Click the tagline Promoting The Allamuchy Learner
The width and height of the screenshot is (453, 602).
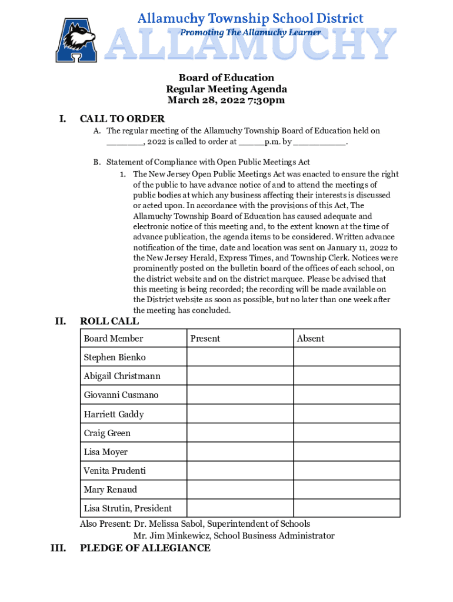pos(250,32)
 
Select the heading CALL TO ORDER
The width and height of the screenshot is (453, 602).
pos(122,119)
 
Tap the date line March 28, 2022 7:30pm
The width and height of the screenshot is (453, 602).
pos(226,100)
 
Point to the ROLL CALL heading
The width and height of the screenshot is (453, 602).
pos(109,321)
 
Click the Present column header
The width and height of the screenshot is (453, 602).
pos(205,339)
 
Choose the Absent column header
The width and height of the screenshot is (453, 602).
pos(311,339)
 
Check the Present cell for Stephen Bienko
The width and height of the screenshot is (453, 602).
pos(240,357)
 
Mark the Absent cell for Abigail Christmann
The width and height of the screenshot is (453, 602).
pos(347,376)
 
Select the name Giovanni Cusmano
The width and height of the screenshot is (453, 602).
pos(121,395)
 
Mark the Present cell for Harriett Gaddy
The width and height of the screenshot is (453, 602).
pos(240,414)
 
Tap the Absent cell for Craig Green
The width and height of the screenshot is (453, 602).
pos(347,433)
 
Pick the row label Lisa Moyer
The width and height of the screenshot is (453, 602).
pos(106,452)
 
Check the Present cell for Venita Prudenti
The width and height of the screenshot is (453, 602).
pos(240,471)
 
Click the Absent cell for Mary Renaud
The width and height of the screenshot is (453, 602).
pos(347,490)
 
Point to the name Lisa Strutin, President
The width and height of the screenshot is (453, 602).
pos(128,509)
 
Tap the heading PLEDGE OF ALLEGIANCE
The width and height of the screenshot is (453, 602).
pos(145,548)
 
